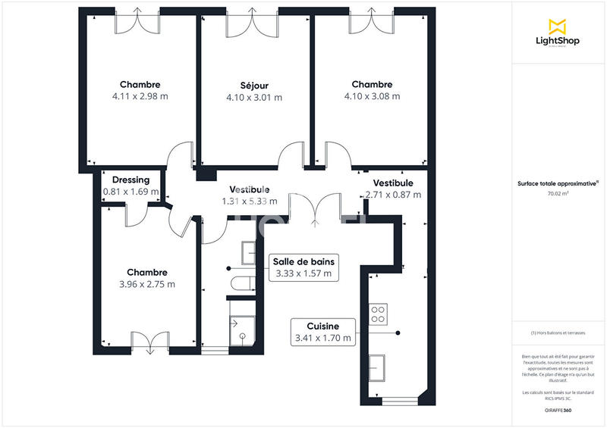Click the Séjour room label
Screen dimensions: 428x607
253,85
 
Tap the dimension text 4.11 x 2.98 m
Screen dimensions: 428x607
140,96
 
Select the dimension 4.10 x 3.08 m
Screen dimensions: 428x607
372,96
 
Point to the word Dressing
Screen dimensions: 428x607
131,180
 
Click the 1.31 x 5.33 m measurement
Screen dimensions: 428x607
249,202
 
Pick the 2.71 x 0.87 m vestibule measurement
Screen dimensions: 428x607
393,195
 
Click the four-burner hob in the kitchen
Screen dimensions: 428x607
378,312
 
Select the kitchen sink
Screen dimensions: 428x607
377,367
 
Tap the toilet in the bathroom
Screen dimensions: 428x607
244,284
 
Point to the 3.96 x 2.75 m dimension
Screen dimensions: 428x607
146,284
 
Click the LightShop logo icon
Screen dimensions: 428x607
557,26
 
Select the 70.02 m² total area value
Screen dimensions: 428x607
558,195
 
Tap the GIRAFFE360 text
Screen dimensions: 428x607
558,411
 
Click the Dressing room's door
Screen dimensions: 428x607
137,215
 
